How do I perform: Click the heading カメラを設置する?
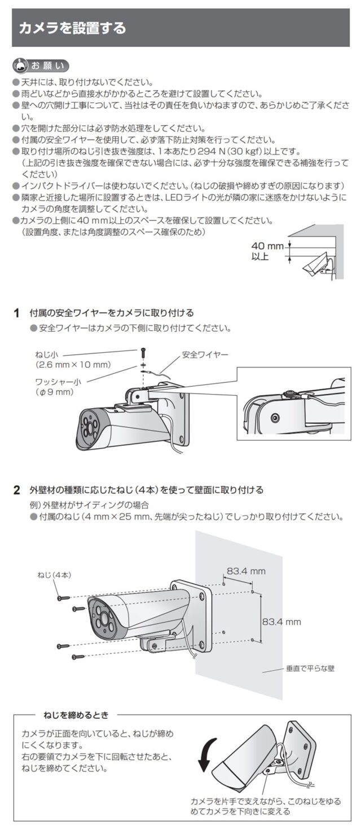click(x=72, y=28)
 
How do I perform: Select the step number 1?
click(x=17, y=313)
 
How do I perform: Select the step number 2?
click(x=17, y=490)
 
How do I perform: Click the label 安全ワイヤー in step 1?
click(x=205, y=355)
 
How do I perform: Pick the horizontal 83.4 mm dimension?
click(x=246, y=572)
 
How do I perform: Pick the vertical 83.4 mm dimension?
click(x=281, y=622)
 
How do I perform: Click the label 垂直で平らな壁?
click(x=310, y=669)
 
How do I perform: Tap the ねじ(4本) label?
click(x=54, y=574)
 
